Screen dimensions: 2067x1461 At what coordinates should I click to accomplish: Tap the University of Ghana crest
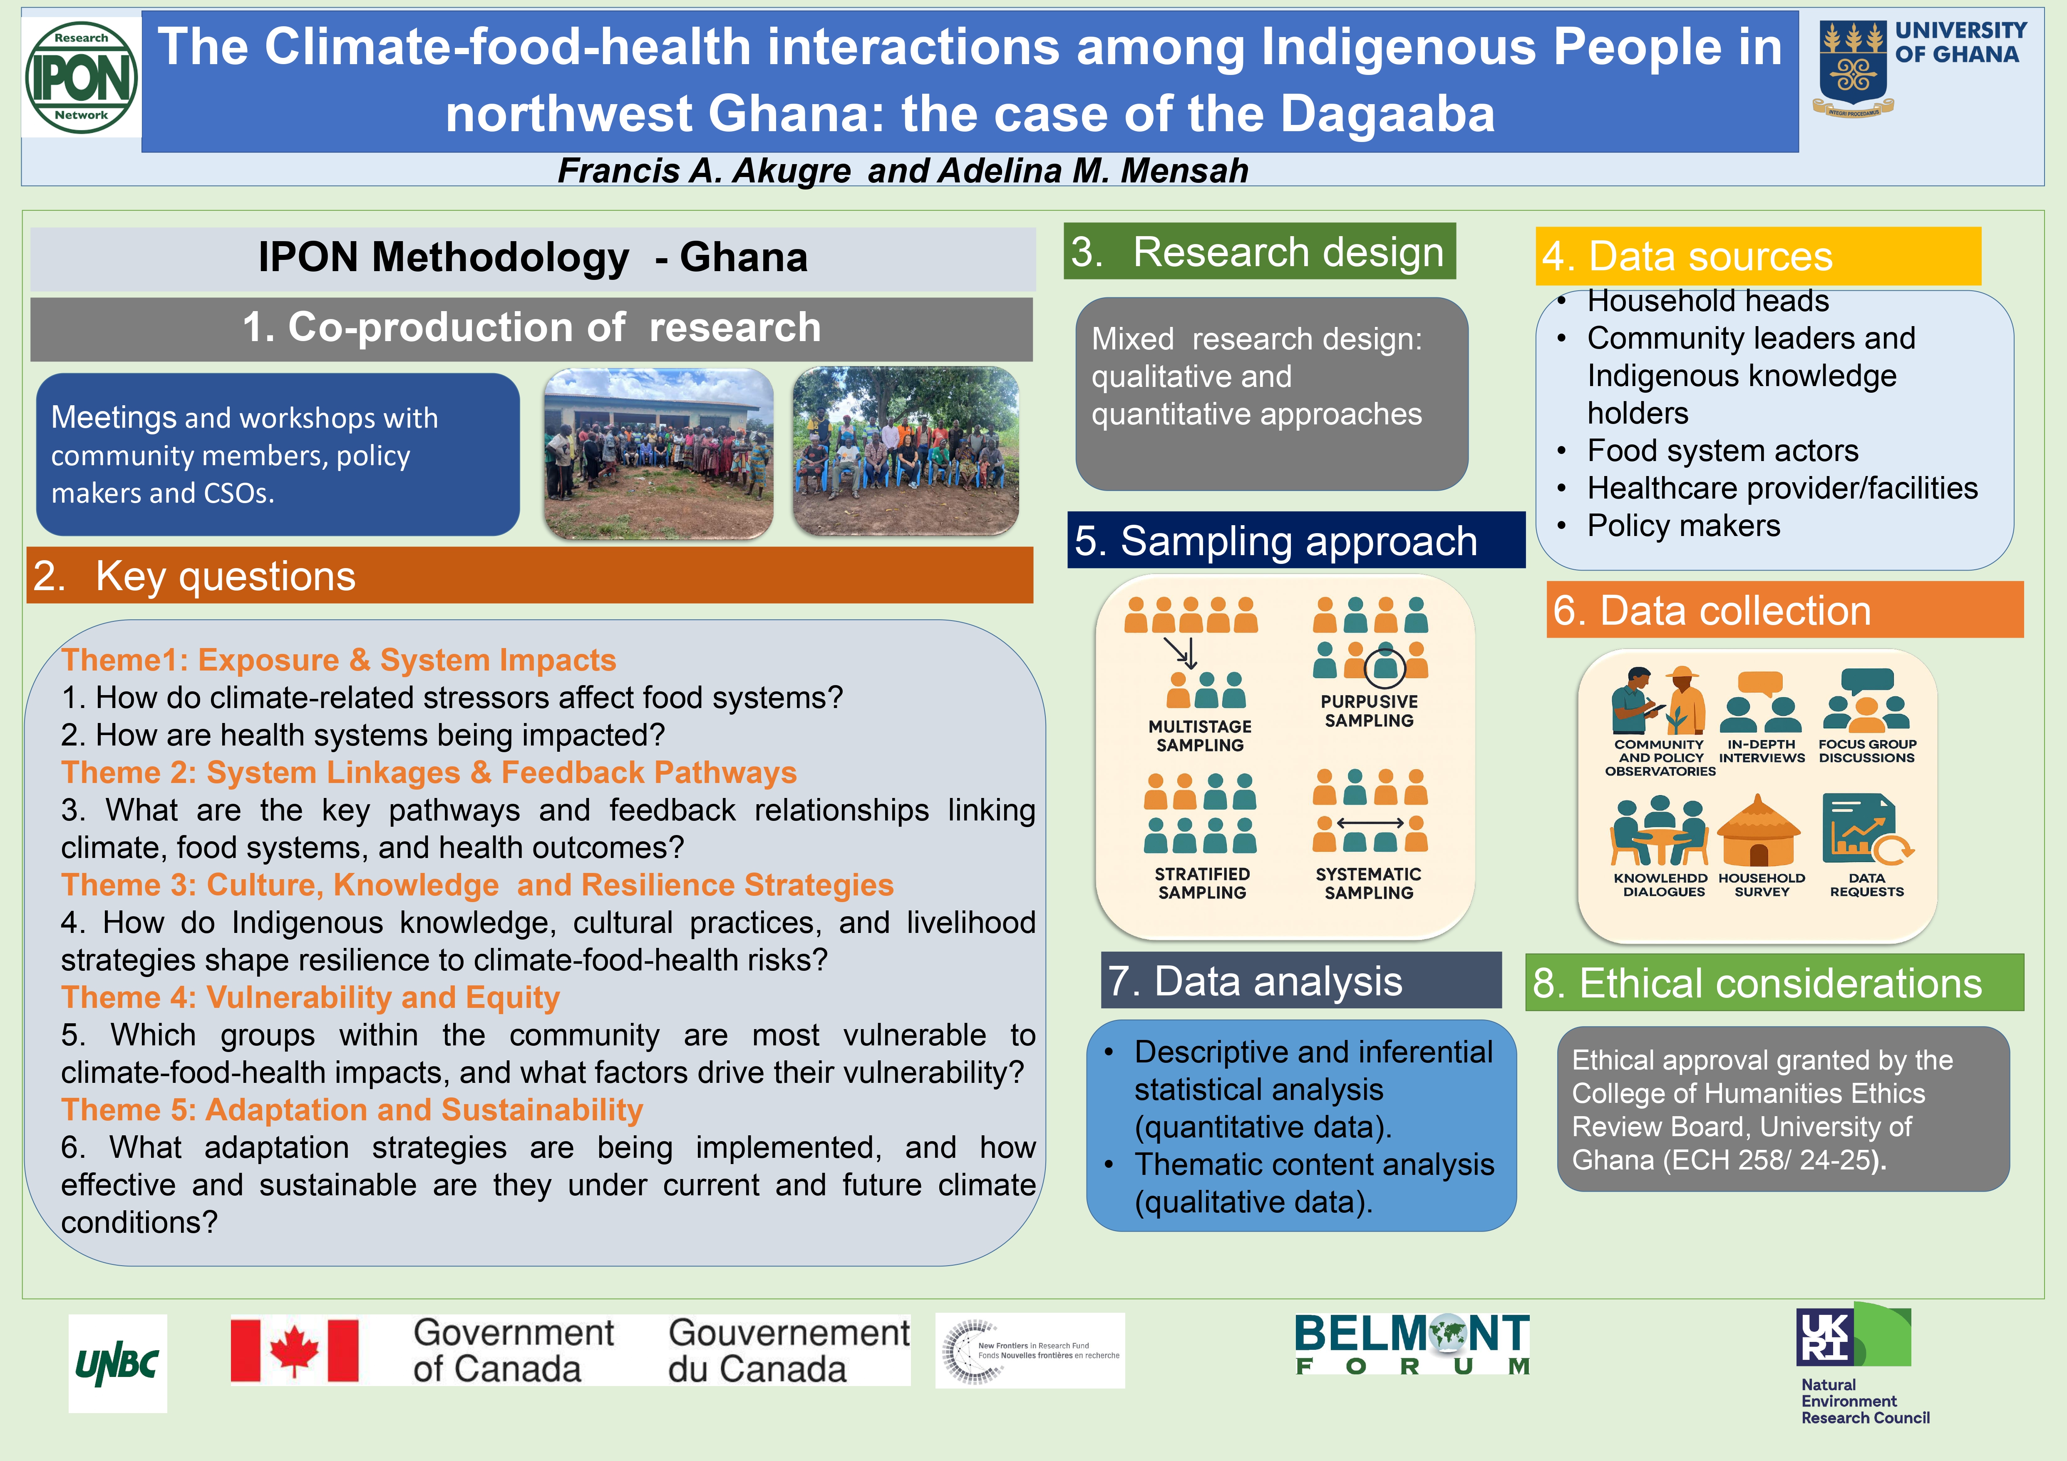pos(1853,68)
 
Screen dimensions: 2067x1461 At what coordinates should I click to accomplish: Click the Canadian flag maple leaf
pos(294,1349)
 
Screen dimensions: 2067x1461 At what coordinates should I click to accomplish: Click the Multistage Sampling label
pos(1200,736)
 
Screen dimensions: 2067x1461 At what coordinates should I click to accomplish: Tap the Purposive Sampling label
pos(1369,711)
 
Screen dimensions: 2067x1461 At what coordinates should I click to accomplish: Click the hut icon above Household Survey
pos(1759,830)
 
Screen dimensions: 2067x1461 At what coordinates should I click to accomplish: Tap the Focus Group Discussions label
pos(1867,751)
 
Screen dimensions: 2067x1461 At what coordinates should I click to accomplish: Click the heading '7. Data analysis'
pos(1256,981)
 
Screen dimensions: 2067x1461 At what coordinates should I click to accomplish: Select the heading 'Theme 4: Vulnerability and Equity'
pos(310,997)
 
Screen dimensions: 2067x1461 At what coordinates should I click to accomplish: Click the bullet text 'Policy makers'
pos(1683,525)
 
